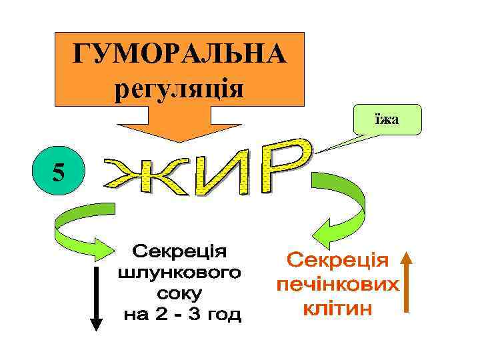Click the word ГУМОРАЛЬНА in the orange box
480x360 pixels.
coord(179,55)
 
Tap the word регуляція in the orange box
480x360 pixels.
coord(179,88)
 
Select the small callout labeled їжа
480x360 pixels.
coord(386,119)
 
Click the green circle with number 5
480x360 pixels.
coord(59,173)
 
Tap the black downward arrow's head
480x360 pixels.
coord(97,323)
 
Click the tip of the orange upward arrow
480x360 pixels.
coord(408,254)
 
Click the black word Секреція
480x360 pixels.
coord(179,251)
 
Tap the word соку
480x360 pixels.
coord(180,293)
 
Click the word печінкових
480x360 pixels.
coord(337,285)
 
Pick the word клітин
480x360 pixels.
coord(337,309)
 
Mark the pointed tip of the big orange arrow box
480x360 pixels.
coord(179,141)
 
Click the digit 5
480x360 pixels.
coord(59,173)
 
